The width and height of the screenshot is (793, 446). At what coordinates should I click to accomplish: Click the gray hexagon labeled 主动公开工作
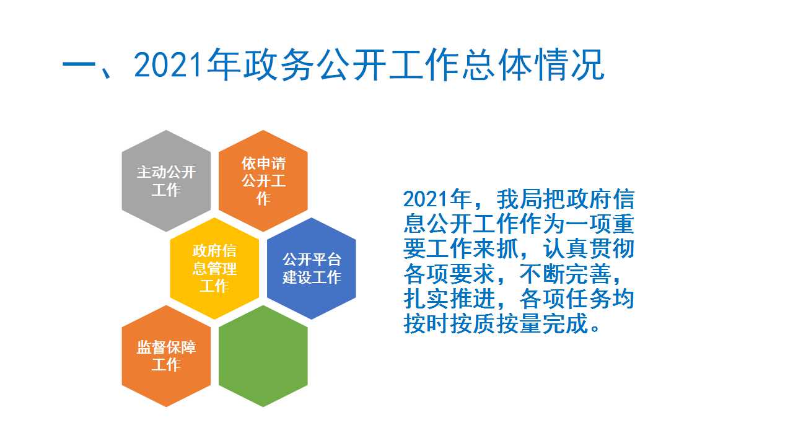pos(166,181)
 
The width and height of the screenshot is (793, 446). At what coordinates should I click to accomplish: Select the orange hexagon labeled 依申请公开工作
pos(263,181)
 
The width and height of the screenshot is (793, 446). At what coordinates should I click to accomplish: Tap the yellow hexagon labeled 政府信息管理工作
pos(214,268)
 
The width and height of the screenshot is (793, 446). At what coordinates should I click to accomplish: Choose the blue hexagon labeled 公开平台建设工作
pos(312,268)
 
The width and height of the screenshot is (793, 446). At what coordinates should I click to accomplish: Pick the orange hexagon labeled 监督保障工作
pos(166,356)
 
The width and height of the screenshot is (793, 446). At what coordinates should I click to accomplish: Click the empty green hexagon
pos(263,356)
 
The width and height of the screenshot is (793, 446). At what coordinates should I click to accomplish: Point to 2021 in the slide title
pos(169,65)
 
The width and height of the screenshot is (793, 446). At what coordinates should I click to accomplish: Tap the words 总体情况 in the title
pos(533,65)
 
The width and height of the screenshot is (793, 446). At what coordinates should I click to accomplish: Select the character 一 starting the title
pos(79,66)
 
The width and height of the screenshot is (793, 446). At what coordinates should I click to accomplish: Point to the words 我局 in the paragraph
pos(519,199)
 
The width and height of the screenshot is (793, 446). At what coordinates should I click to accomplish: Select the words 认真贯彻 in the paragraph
pos(589,249)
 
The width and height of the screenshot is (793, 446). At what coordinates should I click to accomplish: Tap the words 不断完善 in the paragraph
pos(566,274)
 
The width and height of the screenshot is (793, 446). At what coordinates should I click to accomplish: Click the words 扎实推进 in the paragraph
pos(449,299)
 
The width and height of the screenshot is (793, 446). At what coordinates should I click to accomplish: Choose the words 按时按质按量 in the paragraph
pos(473,323)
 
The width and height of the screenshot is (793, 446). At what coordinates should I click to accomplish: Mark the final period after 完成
pos(595,329)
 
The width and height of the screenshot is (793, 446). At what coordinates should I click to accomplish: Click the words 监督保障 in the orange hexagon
pos(166,348)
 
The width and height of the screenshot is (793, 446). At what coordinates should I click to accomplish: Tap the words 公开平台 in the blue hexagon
pos(312,260)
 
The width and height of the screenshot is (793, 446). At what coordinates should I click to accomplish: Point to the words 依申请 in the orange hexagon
pos(263,164)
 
